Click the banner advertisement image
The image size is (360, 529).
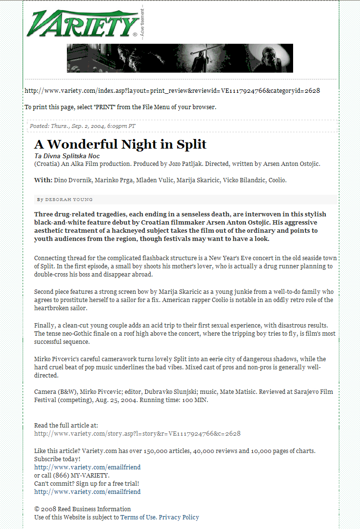click(x=180, y=58)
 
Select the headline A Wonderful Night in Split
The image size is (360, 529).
click(x=120, y=144)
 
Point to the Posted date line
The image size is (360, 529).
click(x=82, y=126)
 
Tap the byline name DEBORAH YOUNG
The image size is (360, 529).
click(x=69, y=200)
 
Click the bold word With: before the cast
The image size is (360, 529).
click(x=43, y=180)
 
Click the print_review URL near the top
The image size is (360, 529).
click(x=172, y=90)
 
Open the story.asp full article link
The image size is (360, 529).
click(x=137, y=433)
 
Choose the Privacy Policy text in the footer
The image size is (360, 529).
click(x=179, y=517)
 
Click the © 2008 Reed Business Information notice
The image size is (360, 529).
click(x=82, y=509)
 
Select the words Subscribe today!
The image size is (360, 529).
click(x=57, y=459)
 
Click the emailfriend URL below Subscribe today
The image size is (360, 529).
click(x=87, y=467)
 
